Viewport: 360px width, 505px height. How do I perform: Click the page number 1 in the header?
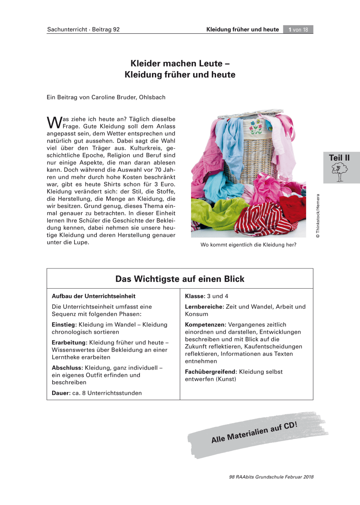[x=290, y=29]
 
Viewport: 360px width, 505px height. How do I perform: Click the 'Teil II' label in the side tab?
[x=339, y=158]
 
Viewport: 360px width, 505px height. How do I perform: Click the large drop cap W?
[x=54, y=122]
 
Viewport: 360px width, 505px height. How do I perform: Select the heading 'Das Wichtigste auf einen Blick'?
[x=180, y=279]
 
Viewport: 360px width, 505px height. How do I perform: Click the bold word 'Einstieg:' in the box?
[x=64, y=324]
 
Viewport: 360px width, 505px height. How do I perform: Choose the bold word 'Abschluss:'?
[x=67, y=367]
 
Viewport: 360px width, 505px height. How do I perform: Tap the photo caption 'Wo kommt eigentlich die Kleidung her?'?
[x=248, y=245]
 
